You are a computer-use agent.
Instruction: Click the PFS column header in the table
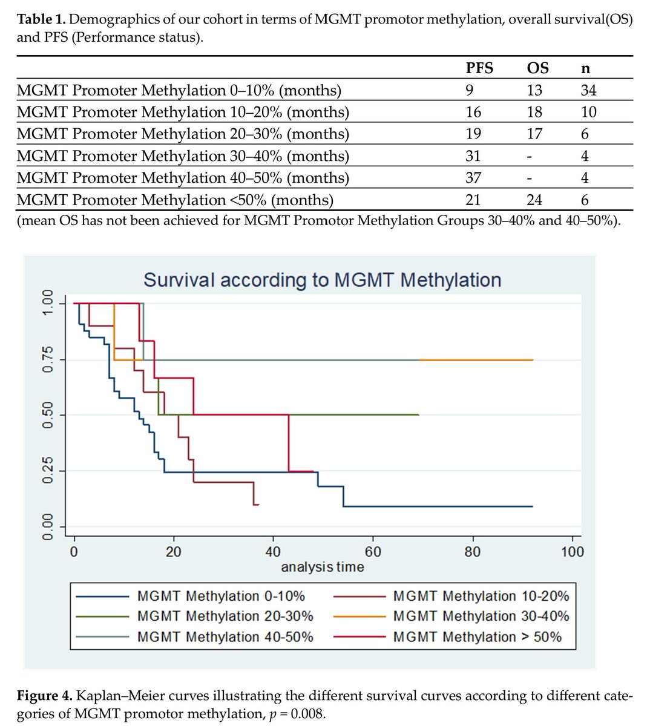479,68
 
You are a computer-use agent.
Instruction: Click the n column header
585,68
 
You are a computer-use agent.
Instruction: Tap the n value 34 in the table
588,90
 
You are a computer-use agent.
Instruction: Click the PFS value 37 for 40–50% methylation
473,178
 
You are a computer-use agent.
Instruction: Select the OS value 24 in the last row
534,200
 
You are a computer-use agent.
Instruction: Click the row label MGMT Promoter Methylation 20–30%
183,134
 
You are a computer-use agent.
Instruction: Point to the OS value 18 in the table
534,112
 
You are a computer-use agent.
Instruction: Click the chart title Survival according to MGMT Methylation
322,280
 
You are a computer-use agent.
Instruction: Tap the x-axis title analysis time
322,567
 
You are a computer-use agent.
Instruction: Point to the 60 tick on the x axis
373,551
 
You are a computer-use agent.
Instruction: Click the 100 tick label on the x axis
572,551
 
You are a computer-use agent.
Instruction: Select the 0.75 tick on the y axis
47,359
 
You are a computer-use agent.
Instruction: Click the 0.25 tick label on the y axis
47,470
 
